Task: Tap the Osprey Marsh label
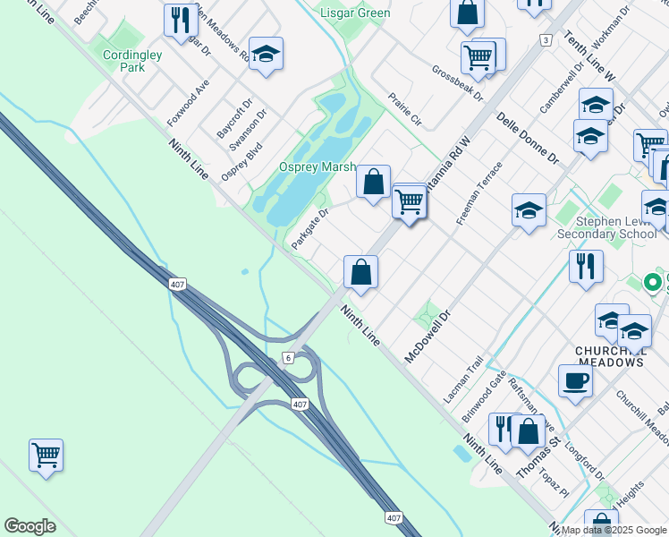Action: click(317, 167)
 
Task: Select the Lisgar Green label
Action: click(355, 13)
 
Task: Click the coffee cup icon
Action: click(575, 379)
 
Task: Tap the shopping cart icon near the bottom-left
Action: click(46, 454)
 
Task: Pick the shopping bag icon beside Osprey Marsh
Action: click(373, 182)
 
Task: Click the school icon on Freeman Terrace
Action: click(529, 211)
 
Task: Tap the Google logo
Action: click(30, 526)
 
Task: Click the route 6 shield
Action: click(287, 358)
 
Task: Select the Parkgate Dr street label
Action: click(310, 229)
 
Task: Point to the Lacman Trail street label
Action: click(463, 379)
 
